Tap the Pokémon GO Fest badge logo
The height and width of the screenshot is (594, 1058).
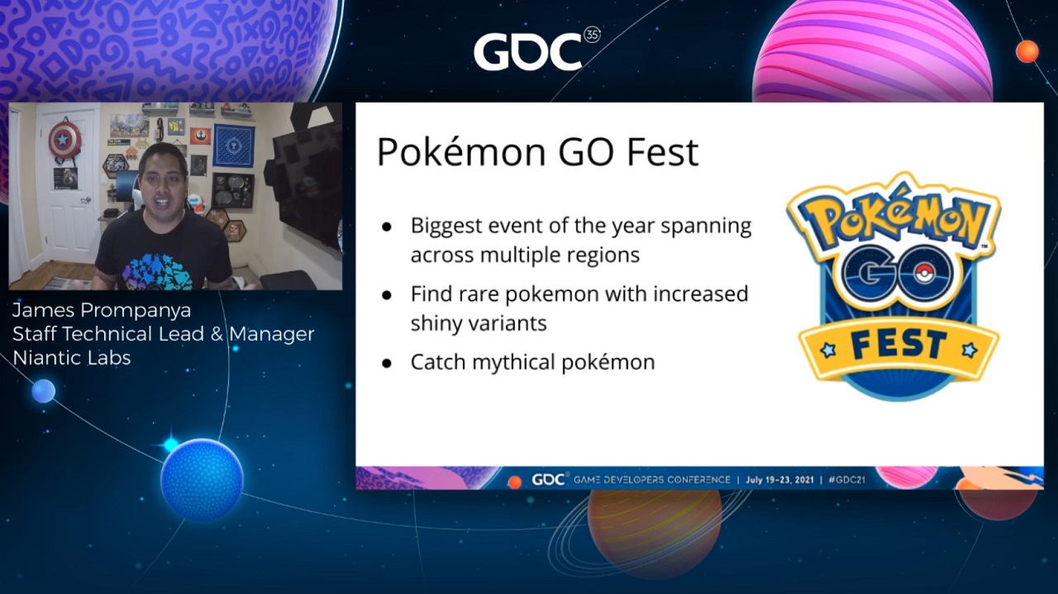pos(894,286)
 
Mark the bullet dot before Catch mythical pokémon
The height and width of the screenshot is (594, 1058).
pos(388,364)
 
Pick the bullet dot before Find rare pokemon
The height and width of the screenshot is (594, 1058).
pos(388,295)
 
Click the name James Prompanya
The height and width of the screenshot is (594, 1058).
pos(102,311)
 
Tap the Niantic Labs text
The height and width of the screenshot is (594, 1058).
pos(71,358)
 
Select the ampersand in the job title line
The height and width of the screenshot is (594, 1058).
pos(217,334)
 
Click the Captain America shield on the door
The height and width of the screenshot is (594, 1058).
pos(64,140)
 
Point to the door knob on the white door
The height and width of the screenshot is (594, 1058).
pos(85,200)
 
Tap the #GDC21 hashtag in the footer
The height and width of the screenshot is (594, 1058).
pos(847,480)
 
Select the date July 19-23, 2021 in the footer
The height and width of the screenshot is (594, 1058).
pos(779,480)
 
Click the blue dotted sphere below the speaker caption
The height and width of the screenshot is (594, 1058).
pos(202,480)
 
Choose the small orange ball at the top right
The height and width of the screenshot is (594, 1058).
pos(1027,51)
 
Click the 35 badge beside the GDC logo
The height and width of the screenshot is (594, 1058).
pos(593,35)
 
